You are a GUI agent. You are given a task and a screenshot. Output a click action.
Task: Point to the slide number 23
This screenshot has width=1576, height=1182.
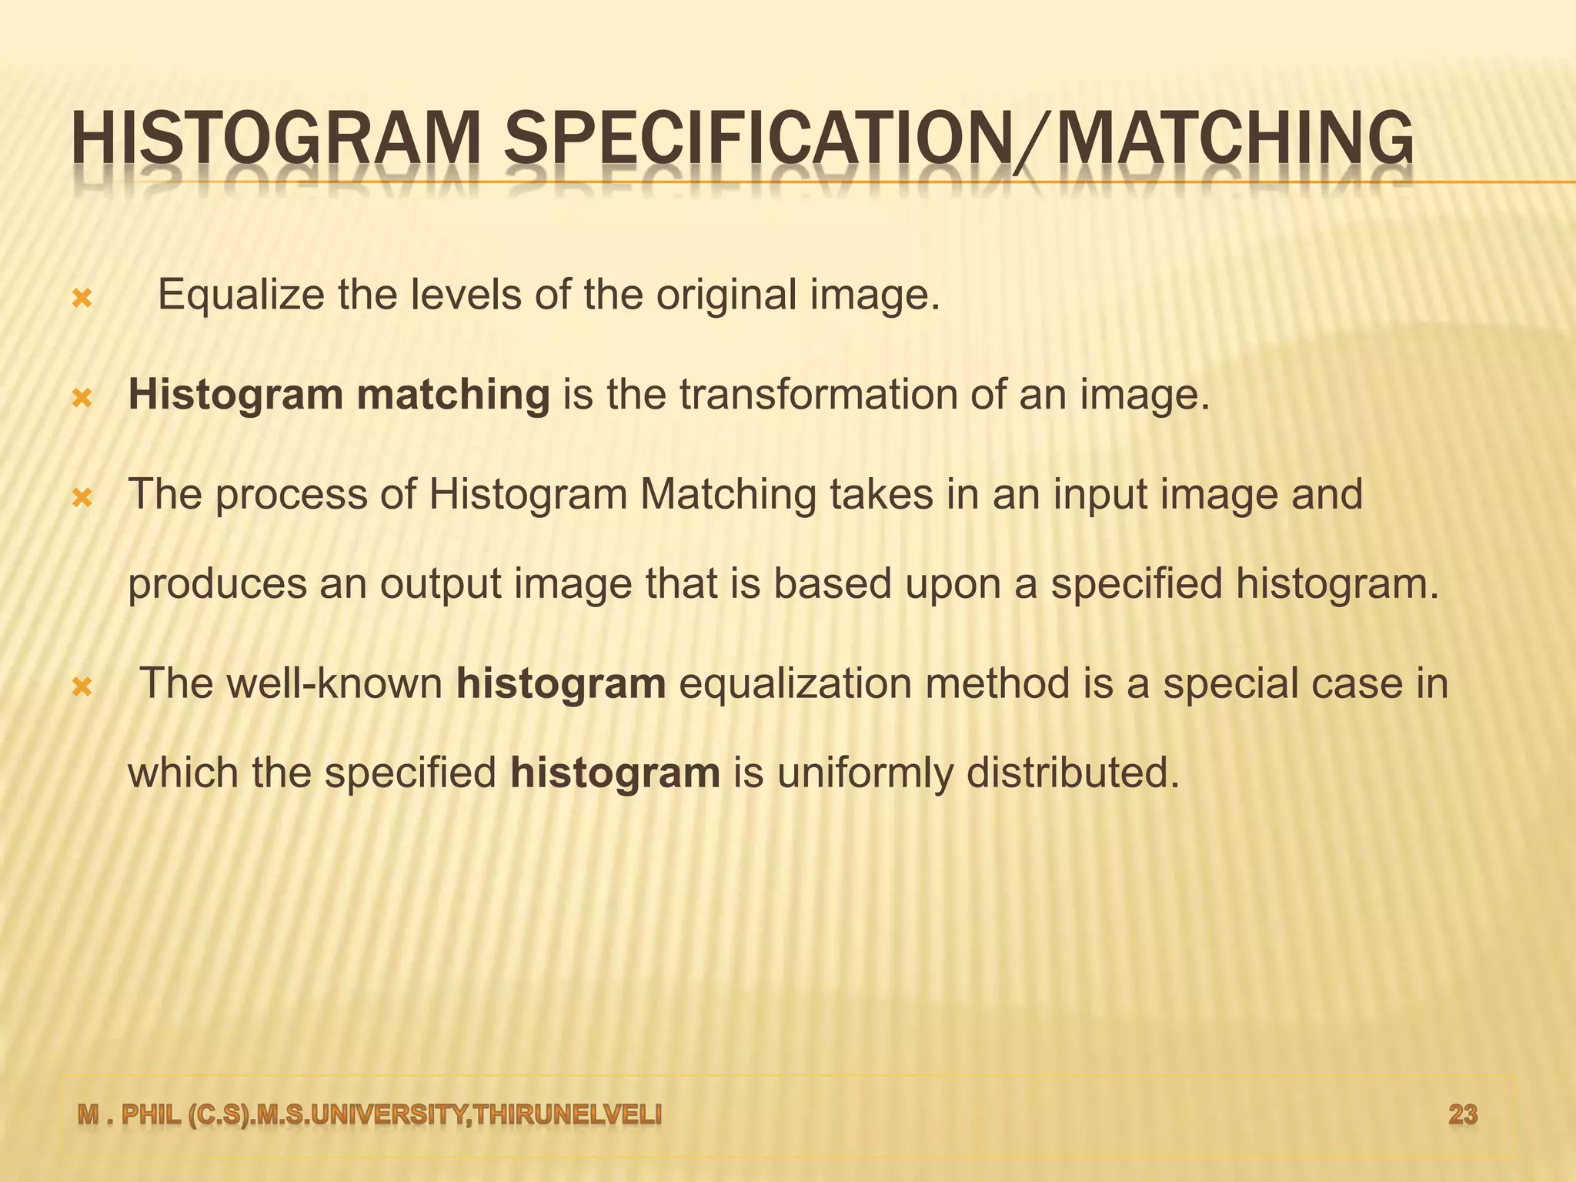(1463, 1115)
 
